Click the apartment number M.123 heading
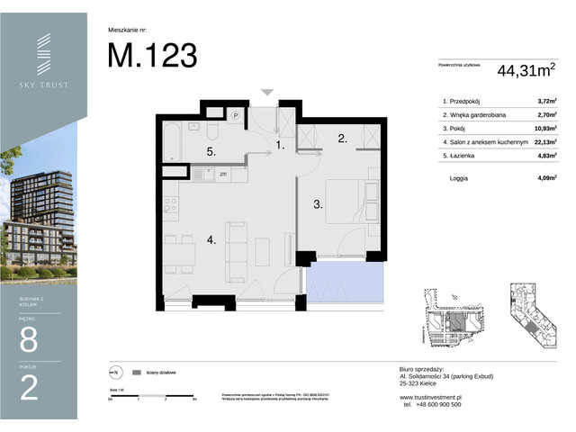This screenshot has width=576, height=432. [x=152, y=55]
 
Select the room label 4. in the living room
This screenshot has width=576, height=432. [x=211, y=240]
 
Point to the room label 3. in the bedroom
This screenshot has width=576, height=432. [x=317, y=205]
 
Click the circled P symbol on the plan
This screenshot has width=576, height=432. [x=235, y=115]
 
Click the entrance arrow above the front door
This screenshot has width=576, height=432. [x=267, y=92]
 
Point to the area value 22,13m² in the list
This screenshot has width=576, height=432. [x=545, y=141]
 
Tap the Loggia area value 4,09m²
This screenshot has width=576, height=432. [x=545, y=178]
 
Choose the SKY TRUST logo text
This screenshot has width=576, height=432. [x=44, y=85]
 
